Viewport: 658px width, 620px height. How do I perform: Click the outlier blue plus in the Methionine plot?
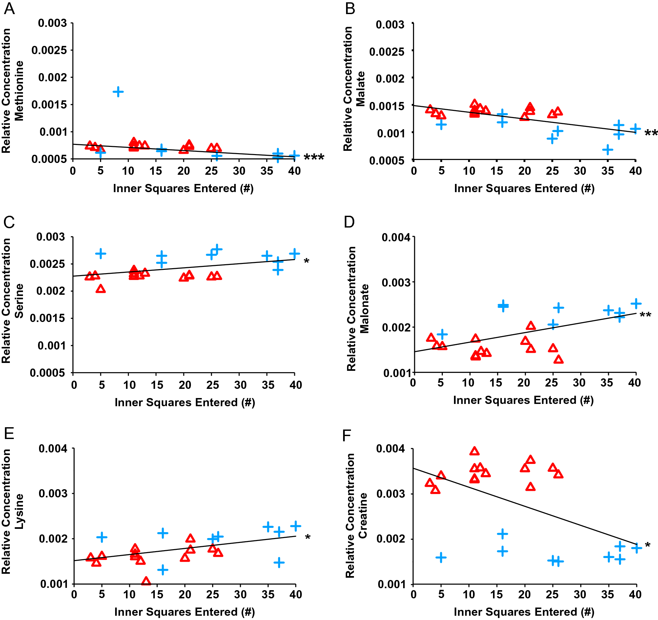(118, 92)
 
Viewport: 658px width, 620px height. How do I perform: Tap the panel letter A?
(9, 9)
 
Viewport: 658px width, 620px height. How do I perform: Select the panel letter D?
(349, 222)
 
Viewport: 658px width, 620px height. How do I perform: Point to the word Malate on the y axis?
(360, 89)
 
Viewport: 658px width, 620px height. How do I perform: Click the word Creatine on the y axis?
(363, 515)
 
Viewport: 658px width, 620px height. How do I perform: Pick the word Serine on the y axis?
(19, 301)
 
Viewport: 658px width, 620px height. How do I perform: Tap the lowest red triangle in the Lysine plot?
(146, 581)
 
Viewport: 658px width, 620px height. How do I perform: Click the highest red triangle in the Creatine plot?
(474, 451)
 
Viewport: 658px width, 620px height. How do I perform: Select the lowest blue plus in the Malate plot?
(607, 150)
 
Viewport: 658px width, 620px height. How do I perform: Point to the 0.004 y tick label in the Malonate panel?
(396, 237)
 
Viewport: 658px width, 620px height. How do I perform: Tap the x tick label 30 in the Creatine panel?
(580, 594)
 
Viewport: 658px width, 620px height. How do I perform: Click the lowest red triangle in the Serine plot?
(101, 289)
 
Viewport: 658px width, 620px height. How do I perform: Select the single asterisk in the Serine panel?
(306, 261)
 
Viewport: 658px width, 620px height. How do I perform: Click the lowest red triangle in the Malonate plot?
(558, 359)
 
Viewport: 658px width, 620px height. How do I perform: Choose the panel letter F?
(346, 435)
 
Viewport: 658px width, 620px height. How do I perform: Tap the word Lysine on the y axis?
(19, 511)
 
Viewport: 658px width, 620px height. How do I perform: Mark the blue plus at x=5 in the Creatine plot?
(441, 557)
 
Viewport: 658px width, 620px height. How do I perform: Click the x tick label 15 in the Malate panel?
(497, 171)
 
